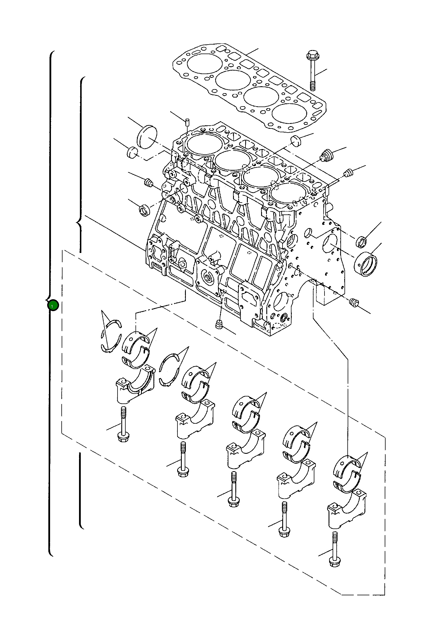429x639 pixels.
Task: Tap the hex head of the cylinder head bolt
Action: click(x=311, y=55)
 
